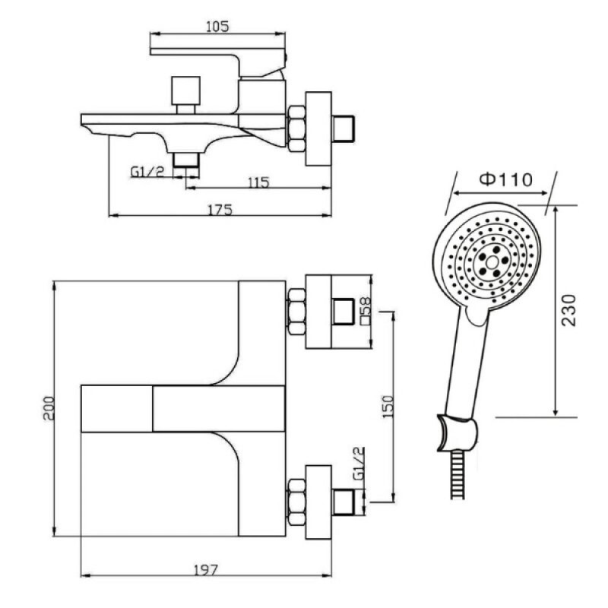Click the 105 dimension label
[x=217, y=27]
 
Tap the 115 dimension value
[x=258, y=182]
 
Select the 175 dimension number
[x=220, y=210]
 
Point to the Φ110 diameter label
[x=505, y=179]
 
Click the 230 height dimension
[x=569, y=311]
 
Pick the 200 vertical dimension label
[x=49, y=408]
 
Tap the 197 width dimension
[x=205, y=569]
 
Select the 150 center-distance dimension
[x=388, y=407]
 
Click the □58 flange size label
[x=366, y=310]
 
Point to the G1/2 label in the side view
[x=147, y=171]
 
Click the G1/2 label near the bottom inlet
[x=359, y=464]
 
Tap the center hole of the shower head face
[x=492, y=262]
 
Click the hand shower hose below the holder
[x=458, y=475]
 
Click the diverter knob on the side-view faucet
[x=185, y=94]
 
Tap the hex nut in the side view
[x=296, y=128]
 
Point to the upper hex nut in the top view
[x=296, y=312]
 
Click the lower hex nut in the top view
[x=296, y=502]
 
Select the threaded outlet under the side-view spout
[x=186, y=160]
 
